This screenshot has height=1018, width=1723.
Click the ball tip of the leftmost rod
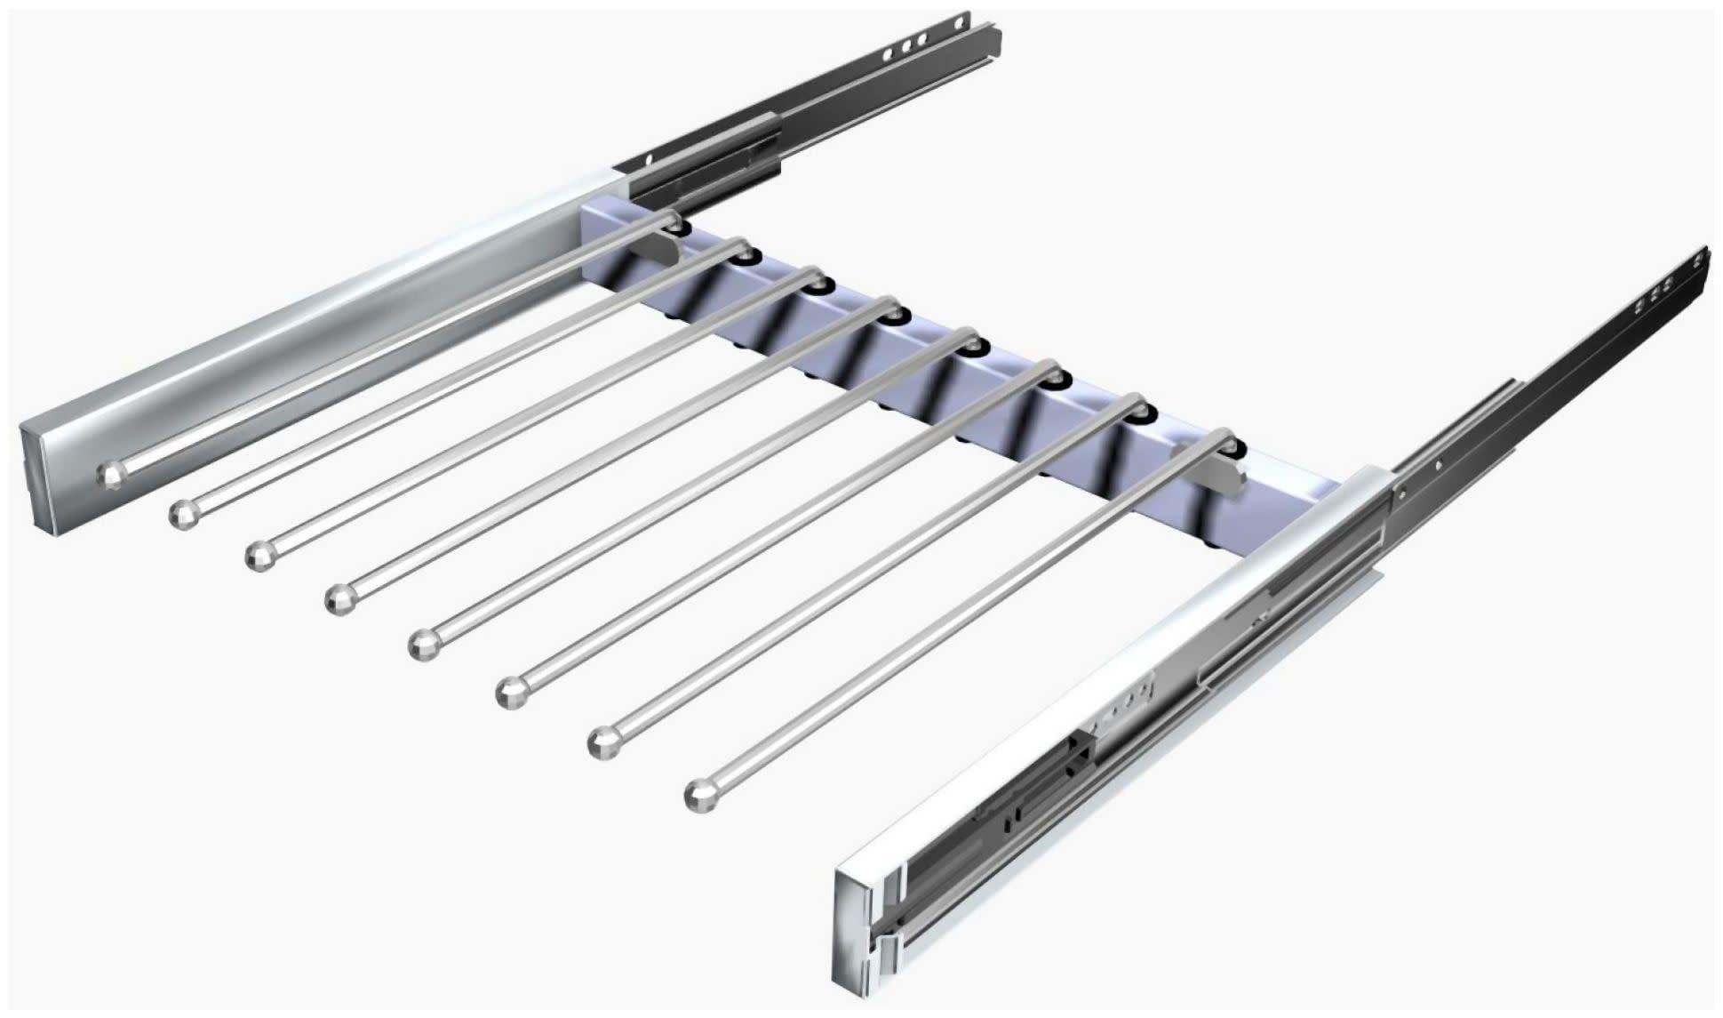(x=110, y=476)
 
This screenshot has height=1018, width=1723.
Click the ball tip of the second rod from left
(x=181, y=515)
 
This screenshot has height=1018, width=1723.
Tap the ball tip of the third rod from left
(x=259, y=556)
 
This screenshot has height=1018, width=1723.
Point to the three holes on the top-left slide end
(x=908, y=44)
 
